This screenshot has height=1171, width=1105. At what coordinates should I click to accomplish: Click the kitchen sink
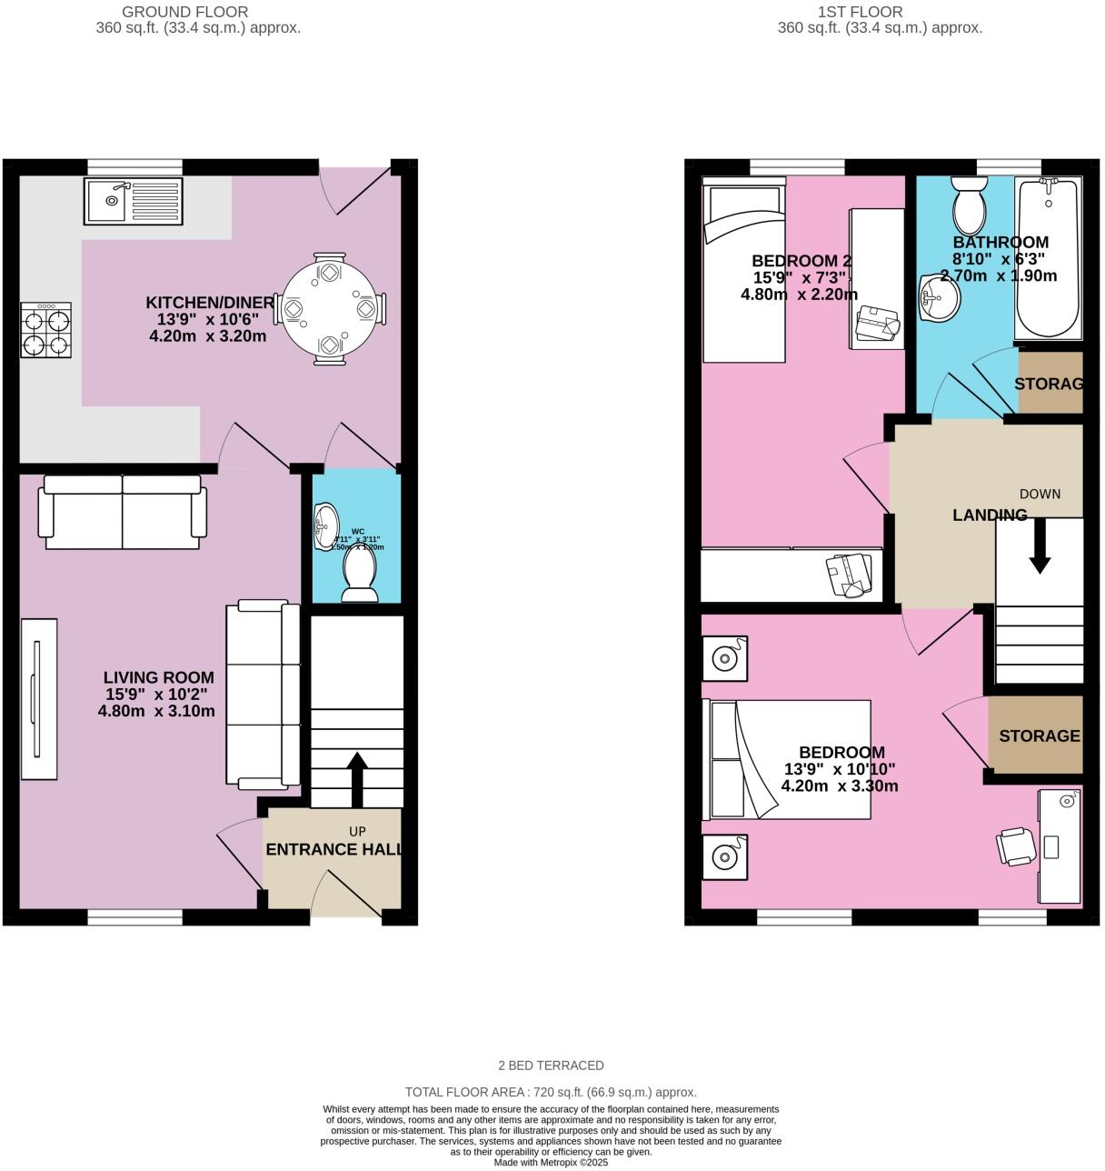tap(133, 201)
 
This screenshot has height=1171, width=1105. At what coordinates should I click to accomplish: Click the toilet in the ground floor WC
tap(360, 576)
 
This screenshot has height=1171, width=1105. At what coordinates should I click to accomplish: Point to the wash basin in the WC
tap(325, 526)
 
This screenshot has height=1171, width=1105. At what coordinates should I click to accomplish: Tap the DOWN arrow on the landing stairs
tap(1040, 549)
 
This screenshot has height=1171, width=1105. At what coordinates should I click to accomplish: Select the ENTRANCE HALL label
tap(333, 849)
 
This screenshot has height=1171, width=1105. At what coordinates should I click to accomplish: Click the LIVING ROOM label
tap(158, 677)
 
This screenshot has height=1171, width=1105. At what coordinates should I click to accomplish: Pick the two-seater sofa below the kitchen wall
tap(122, 513)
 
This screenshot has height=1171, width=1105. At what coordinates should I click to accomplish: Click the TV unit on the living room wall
tap(38, 698)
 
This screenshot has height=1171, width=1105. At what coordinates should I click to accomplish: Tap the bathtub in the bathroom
tap(1048, 258)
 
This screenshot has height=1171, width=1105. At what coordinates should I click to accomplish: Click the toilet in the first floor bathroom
tap(969, 205)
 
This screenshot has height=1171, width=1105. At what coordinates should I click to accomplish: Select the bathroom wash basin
tap(938, 298)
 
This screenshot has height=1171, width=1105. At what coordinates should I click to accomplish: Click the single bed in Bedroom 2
tap(743, 273)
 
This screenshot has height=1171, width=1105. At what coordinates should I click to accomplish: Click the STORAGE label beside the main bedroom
tap(1039, 736)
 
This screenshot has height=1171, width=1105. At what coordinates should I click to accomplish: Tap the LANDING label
tap(990, 515)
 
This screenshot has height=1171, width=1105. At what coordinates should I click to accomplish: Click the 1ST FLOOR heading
tap(860, 12)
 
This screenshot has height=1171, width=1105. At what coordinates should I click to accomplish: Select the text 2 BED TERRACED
tap(551, 1065)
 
